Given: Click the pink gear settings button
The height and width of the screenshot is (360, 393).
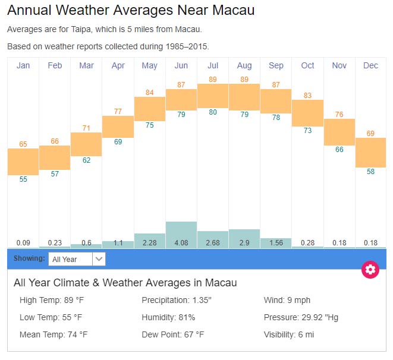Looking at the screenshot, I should pyautogui.click(x=370, y=270).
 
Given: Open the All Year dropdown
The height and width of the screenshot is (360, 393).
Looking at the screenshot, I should pyautogui.click(x=77, y=259).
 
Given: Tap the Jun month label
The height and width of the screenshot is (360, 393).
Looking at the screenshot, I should pyautogui.click(x=181, y=65).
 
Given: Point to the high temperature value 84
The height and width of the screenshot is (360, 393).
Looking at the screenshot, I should pyautogui.click(x=150, y=92).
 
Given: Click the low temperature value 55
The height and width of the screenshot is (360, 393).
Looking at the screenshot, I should pyautogui.click(x=23, y=179).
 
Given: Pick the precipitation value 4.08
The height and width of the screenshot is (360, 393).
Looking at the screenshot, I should pyautogui.click(x=181, y=242).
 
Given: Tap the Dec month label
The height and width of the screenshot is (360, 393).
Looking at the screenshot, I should pyautogui.click(x=370, y=65).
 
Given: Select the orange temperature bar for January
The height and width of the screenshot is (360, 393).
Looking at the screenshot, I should pyautogui.click(x=23, y=162).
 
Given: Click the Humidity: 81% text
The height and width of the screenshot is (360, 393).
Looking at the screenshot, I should pyautogui.click(x=168, y=317).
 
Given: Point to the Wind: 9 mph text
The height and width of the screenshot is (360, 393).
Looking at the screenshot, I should pyautogui.click(x=287, y=300).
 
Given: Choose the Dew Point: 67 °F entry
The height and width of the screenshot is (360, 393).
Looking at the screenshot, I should pyautogui.click(x=174, y=334).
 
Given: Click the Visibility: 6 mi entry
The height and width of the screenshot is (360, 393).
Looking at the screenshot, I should pyautogui.click(x=289, y=334).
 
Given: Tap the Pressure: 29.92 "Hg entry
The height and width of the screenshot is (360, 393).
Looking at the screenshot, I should pyautogui.click(x=301, y=317).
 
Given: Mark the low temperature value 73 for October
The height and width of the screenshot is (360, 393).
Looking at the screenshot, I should pyautogui.click(x=307, y=131).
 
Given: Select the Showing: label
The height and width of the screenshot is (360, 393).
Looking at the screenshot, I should pyautogui.click(x=29, y=259).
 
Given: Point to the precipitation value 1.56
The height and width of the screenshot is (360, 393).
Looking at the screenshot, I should pyautogui.click(x=276, y=242).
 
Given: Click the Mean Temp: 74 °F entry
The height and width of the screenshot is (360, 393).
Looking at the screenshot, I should pyautogui.click(x=54, y=334).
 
